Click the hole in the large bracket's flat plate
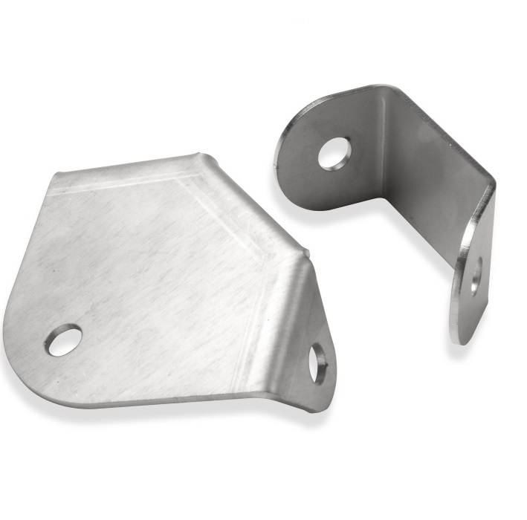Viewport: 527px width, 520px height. pos(63,339)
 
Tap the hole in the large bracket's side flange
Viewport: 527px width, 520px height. pos(318,363)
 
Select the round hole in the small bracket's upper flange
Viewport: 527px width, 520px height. pos(334,152)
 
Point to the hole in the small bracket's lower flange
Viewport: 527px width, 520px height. pos(475,275)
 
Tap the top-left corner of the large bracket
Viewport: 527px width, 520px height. pos(56,175)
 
